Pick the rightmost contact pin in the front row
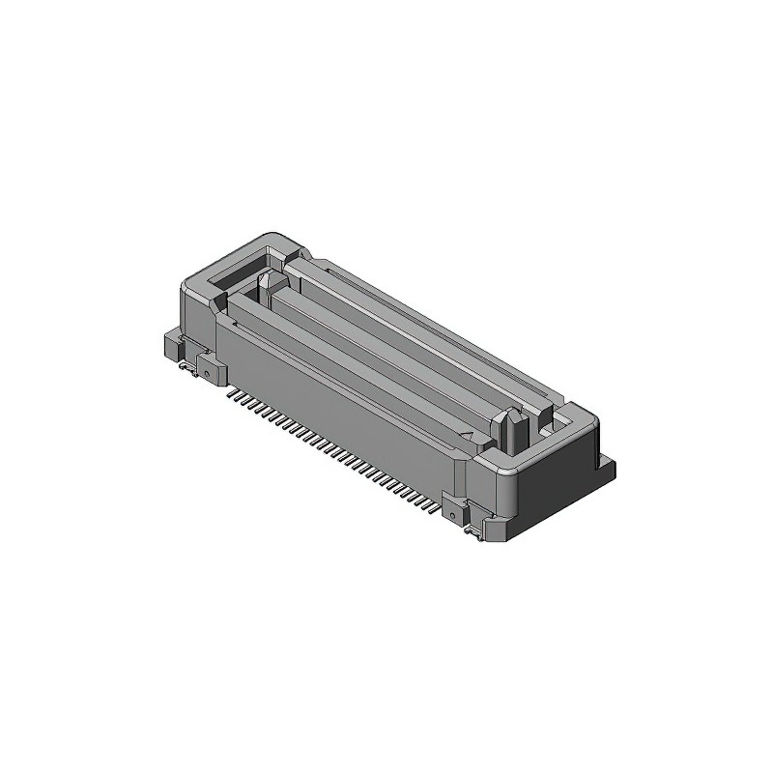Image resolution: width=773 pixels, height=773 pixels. pyautogui.click(x=437, y=502)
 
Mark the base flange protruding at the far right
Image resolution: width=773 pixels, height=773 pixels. pyautogui.click(x=608, y=470)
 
